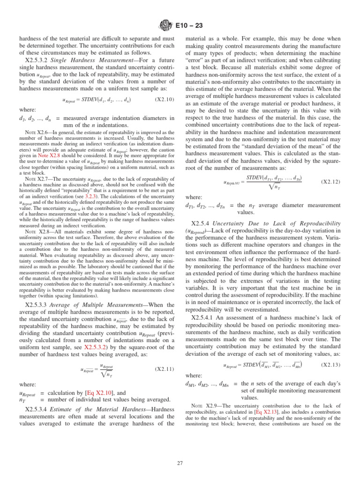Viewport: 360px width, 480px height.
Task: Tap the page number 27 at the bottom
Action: point(180,464)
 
